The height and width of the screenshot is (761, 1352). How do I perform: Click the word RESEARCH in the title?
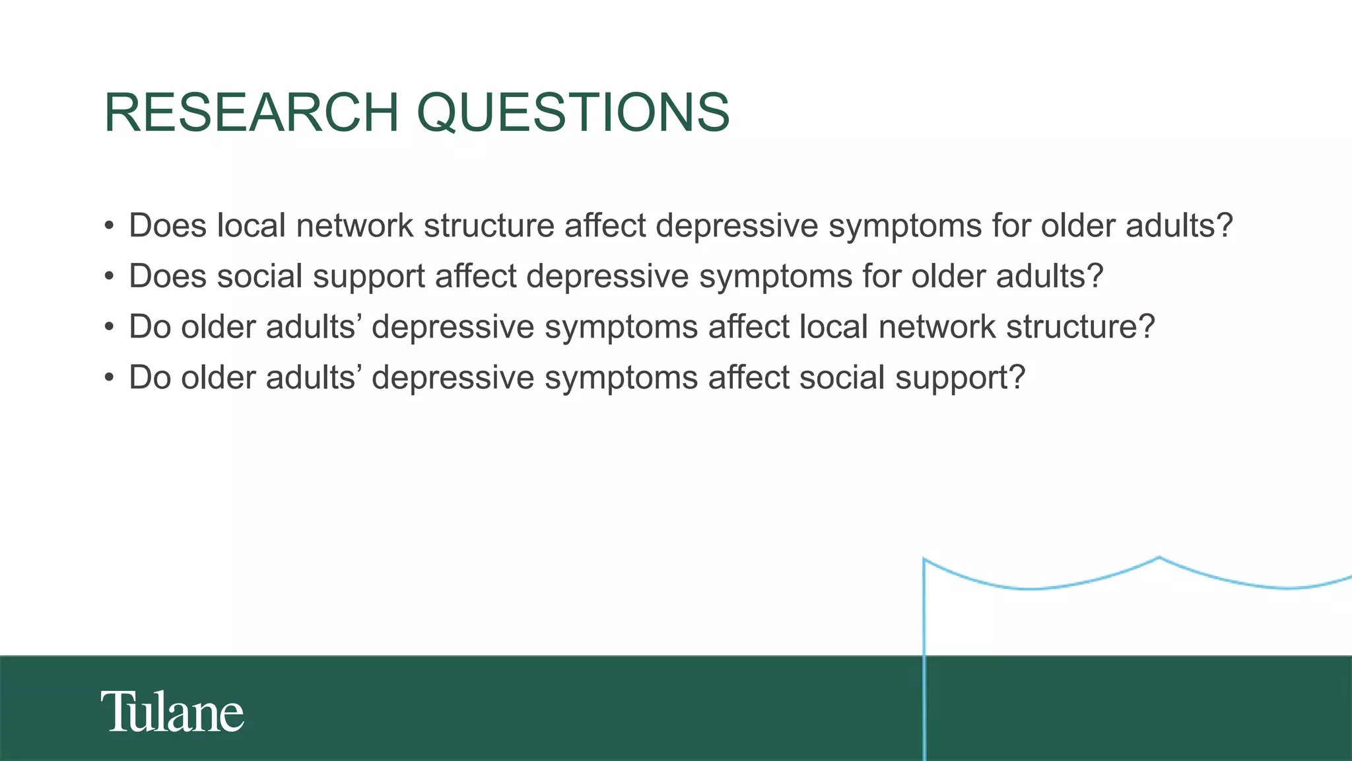coord(251,112)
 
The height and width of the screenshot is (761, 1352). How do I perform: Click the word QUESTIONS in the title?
coord(573,112)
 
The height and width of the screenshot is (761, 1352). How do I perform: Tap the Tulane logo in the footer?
coord(172,711)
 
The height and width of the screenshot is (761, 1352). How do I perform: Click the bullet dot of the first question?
coord(110,227)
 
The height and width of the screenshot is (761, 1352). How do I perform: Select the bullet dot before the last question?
coord(110,379)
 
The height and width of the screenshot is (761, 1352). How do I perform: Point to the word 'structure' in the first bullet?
coord(489,226)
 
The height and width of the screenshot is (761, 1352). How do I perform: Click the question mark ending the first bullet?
coord(1225,226)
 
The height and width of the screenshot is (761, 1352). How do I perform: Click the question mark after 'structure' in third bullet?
coord(1147,327)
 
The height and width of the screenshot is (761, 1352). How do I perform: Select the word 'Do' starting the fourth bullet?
coord(150,378)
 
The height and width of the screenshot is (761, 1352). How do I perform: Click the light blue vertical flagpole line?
coord(924,661)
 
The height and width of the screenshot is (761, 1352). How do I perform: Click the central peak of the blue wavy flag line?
coord(1159,558)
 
